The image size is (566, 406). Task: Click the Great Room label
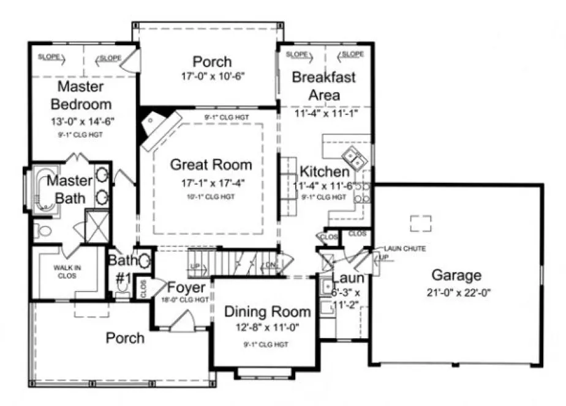pyautogui.click(x=211, y=164)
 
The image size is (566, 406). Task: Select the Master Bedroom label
pyautogui.click(x=81, y=95)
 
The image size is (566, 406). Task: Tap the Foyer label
pyautogui.click(x=186, y=287)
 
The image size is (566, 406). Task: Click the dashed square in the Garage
pyautogui.click(x=420, y=223)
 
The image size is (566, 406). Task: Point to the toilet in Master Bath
pyautogui.click(x=42, y=231)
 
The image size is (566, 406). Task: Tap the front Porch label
pyautogui.click(x=125, y=338)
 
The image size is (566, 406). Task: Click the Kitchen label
pyautogui.click(x=325, y=172)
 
